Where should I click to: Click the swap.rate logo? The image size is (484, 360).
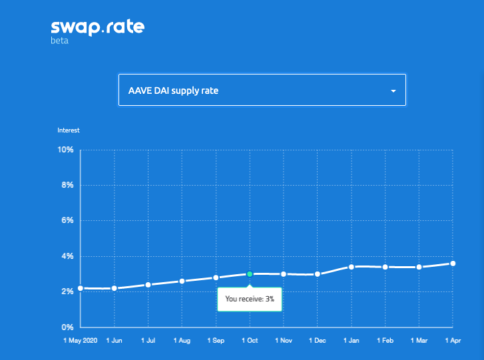click(97, 27)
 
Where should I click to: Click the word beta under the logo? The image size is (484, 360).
click(59, 41)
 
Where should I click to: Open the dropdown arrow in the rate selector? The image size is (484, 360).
click(393, 90)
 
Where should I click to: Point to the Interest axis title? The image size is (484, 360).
click(69, 130)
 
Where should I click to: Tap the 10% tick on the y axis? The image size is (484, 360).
click(65, 150)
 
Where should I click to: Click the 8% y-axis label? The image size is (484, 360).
click(67, 185)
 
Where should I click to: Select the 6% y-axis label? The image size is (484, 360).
click(67, 220)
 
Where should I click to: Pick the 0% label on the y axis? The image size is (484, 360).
click(67, 327)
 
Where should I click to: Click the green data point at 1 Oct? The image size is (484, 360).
click(250, 273)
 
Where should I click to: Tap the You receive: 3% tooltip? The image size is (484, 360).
click(250, 299)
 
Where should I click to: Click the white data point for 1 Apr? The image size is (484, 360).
click(453, 264)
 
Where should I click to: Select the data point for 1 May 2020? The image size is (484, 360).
click(81, 288)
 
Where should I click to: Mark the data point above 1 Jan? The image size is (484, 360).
click(351, 267)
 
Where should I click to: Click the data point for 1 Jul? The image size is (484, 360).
click(148, 285)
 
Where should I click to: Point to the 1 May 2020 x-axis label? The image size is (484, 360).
click(81, 340)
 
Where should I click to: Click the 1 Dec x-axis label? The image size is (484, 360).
click(318, 340)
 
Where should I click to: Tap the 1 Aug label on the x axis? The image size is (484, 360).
click(182, 340)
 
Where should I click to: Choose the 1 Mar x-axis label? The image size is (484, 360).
click(419, 340)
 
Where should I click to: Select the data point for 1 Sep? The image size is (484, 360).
click(216, 277)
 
